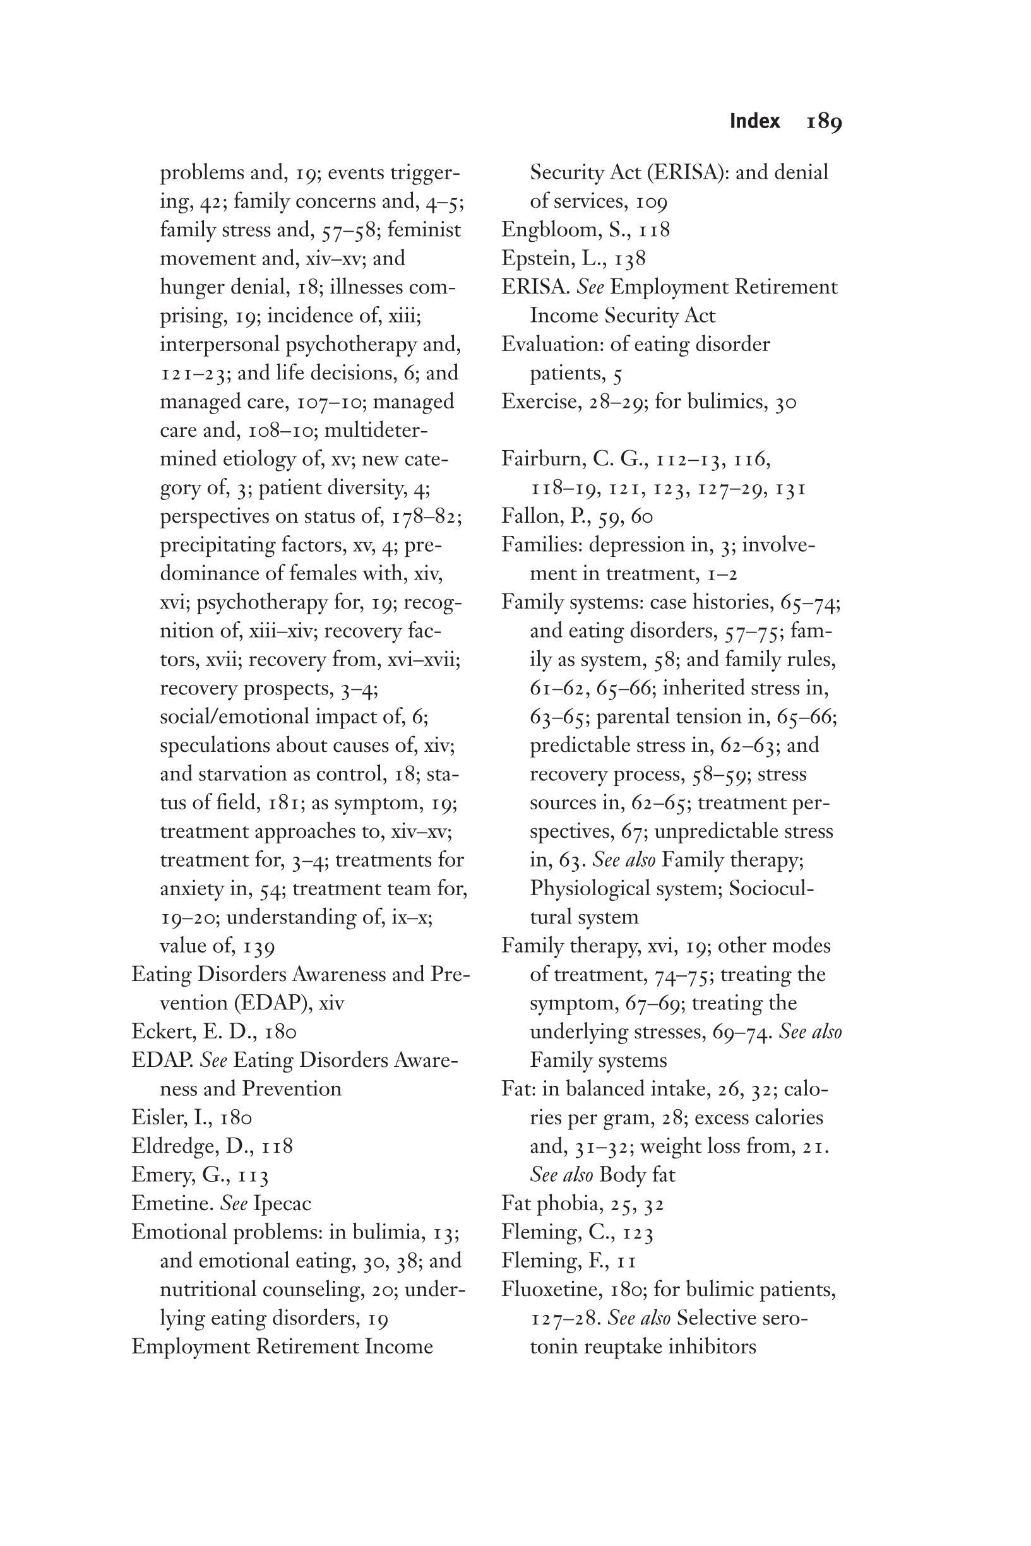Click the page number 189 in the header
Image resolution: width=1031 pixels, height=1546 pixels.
[x=824, y=122]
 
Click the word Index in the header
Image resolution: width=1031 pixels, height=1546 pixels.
[x=755, y=122]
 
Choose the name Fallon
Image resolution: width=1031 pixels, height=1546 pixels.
[x=531, y=516]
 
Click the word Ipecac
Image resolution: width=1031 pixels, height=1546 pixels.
[x=282, y=1204]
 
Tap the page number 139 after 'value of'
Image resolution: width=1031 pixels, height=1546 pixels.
[x=258, y=946]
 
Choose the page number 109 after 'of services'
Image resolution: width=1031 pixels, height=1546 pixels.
[x=652, y=202]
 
